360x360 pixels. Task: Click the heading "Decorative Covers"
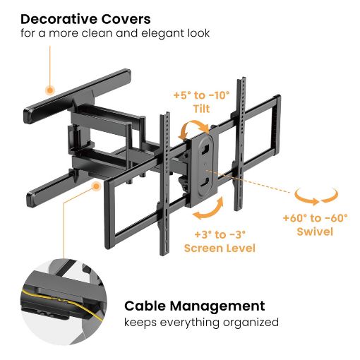(85, 19)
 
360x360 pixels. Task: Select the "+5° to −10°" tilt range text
(202, 95)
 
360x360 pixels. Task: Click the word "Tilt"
(202, 109)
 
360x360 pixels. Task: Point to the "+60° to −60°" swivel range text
(316, 218)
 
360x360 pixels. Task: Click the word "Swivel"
(316, 232)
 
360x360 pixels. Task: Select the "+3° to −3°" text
(220, 234)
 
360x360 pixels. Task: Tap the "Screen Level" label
(220, 248)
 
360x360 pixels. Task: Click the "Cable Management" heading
(195, 306)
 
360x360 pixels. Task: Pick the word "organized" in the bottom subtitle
(251, 323)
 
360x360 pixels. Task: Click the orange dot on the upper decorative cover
(50, 90)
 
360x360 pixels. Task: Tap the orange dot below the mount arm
(96, 186)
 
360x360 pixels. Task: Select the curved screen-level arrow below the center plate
(210, 210)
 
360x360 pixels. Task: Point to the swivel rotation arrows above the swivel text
(316, 197)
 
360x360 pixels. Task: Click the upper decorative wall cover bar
(77, 97)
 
